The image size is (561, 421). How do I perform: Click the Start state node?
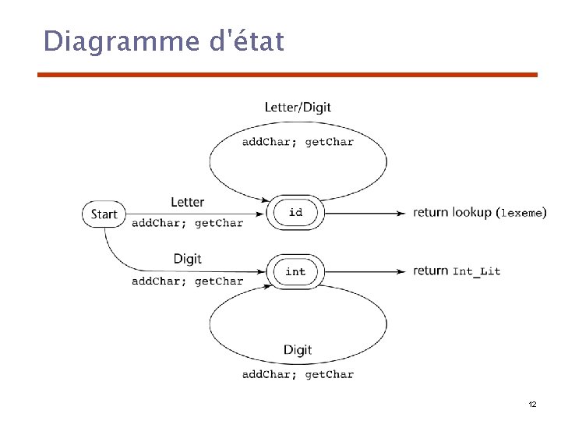click(104, 214)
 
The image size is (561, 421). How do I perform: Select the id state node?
click(295, 212)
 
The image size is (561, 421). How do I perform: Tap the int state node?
click(295, 271)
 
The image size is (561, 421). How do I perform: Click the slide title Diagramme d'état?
click(164, 41)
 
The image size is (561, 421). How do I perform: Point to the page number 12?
click(532, 405)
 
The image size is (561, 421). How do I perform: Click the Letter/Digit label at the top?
click(298, 107)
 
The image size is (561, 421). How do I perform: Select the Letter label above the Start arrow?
click(187, 202)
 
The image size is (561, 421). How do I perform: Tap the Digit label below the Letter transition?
click(187, 259)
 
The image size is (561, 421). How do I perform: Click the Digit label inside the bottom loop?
click(298, 350)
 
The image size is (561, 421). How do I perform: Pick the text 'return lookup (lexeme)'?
click(479, 212)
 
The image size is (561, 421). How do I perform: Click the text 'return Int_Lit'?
click(457, 271)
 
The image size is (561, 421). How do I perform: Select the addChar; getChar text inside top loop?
click(298, 142)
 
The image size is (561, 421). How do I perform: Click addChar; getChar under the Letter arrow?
click(187, 223)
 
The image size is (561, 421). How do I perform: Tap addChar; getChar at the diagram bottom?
click(298, 374)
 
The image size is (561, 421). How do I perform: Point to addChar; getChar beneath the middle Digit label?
click(187, 281)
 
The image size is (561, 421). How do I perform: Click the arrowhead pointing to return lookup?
click(401, 213)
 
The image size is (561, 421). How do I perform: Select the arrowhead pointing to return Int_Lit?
click(401, 271)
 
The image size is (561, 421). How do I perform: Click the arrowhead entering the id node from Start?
click(261, 213)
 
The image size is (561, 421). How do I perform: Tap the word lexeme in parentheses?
click(521, 213)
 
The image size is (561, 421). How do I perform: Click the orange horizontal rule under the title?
click(288, 75)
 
